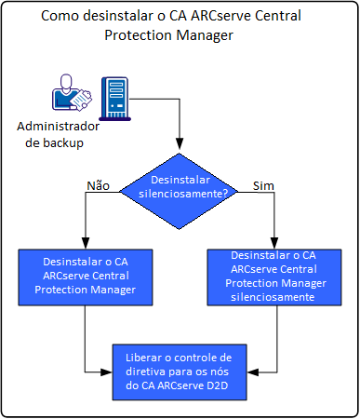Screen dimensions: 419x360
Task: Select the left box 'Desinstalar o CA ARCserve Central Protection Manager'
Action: coord(85,277)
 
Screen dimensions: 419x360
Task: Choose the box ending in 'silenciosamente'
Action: coord(272,276)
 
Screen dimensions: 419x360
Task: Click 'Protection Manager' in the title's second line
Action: coord(180,36)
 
